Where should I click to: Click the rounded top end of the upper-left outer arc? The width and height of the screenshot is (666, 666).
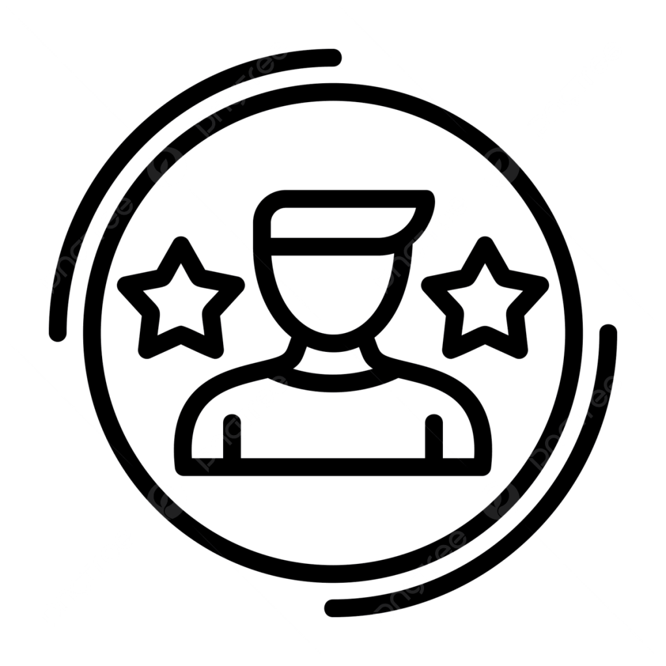334,58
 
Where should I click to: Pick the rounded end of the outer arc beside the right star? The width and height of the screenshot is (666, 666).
608,332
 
